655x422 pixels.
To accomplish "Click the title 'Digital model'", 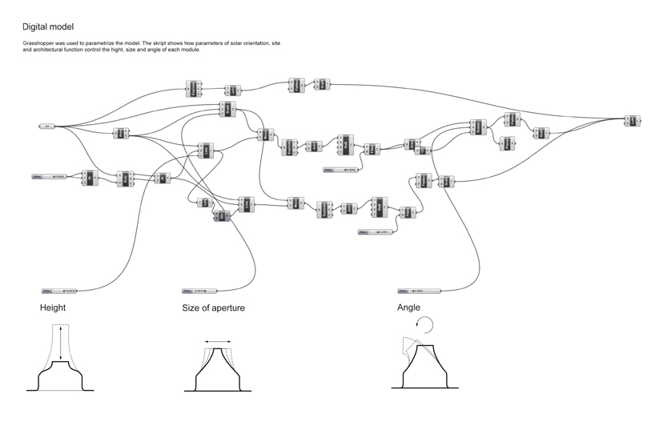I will tap(49, 26).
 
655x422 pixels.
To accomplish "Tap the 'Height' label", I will tap(53, 307).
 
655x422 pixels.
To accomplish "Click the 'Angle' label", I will tap(408, 307).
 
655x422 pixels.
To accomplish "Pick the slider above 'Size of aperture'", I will tap(200, 291).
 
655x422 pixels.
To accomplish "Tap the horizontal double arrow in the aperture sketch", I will tap(217, 341).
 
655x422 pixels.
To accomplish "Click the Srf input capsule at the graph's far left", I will tap(46, 127).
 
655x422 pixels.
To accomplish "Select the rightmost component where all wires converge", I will tap(631, 121).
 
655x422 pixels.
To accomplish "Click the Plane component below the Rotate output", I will tap(506, 143).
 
